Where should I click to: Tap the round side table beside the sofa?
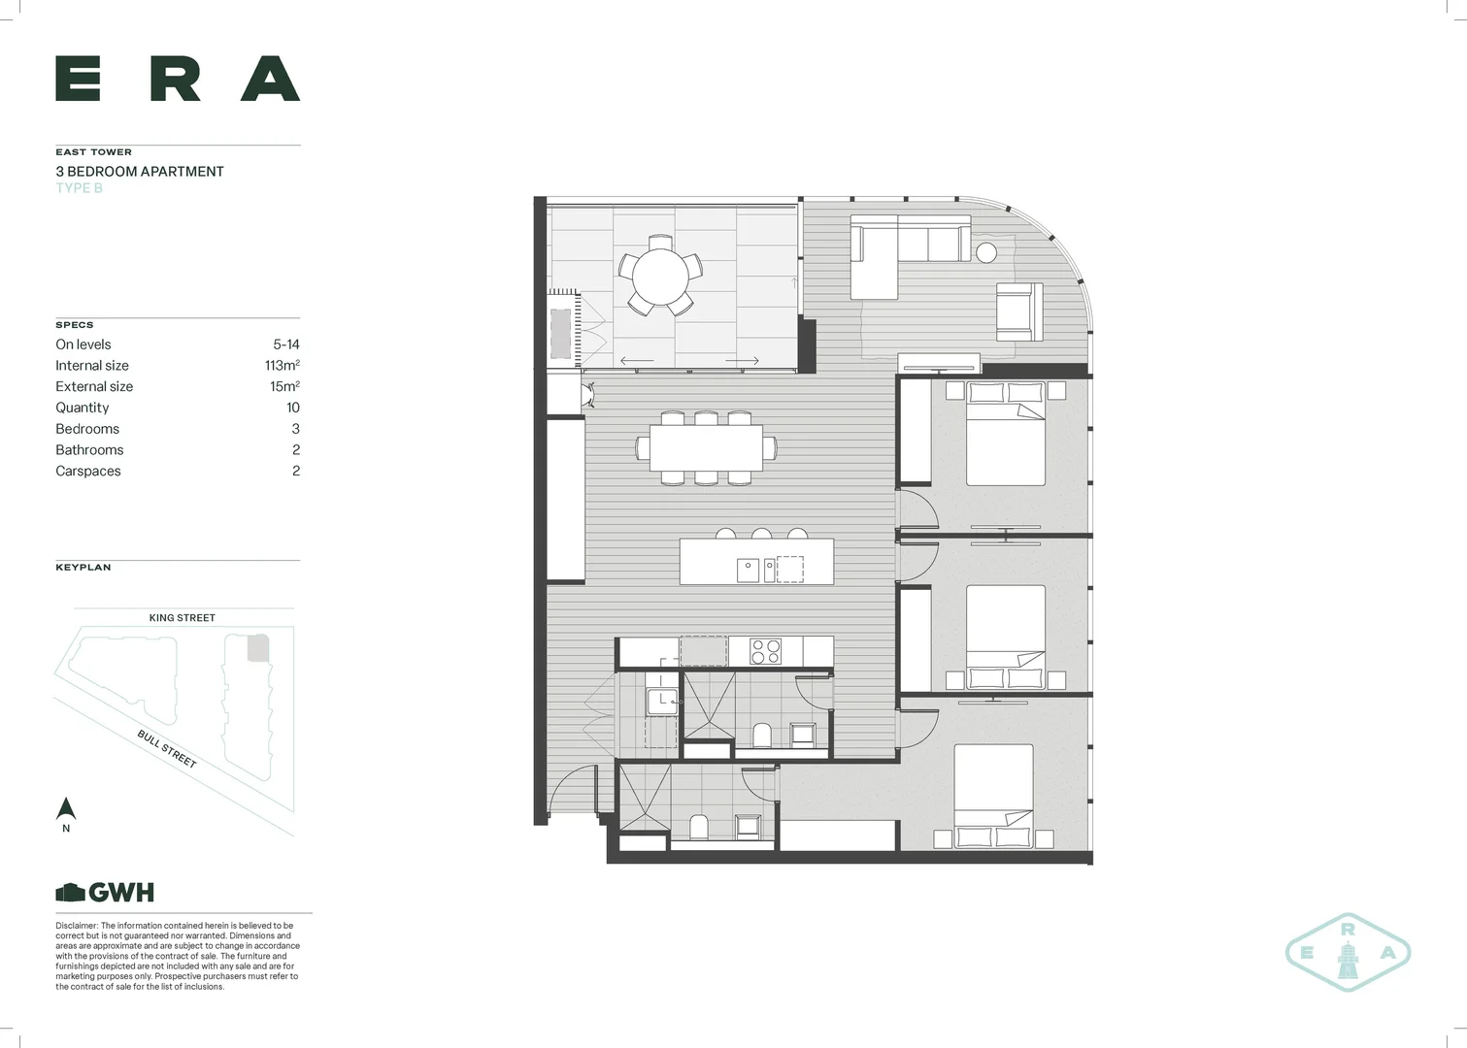coord(985,252)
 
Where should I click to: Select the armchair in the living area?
coord(1019,311)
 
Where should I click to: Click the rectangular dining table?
coord(706,448)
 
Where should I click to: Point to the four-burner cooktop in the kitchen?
coord(765,651)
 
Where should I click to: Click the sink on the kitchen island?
coord(748,570)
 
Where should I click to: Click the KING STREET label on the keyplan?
coord(182,618)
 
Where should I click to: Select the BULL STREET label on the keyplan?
coord(167,749)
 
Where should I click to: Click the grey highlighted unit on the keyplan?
coord(257,648)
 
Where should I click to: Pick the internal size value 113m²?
coord(282,366)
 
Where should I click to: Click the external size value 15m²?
coord(284,386)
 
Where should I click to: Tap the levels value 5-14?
coord(286,344)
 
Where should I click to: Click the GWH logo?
coord(105,893)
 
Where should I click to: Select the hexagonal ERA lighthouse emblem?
coord(1348,952)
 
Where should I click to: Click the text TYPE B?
coord(79,188)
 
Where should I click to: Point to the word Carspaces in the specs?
coord(88,472)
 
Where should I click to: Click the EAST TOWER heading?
coord(93,152)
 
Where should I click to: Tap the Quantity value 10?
coord(293,408)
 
